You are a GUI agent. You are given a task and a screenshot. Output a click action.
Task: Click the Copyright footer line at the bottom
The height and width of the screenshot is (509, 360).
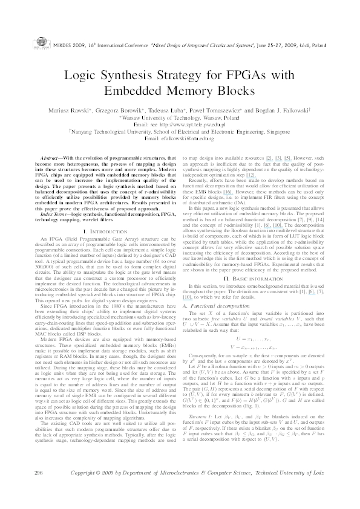tap(207, 488)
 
